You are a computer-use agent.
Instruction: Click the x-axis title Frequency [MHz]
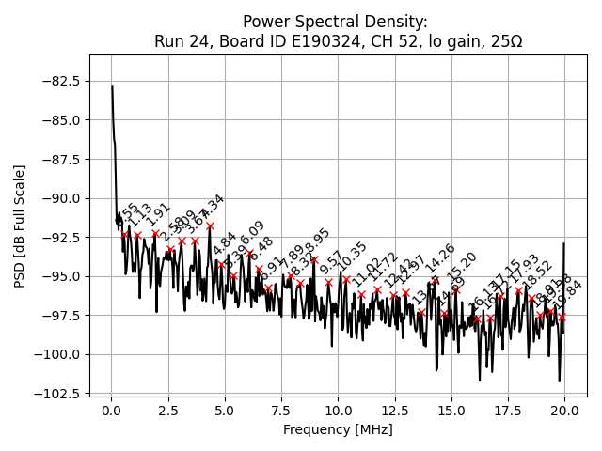(338, 429)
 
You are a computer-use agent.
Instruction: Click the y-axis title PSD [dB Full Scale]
(20, 225)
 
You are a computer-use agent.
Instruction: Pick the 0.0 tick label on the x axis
(111, 410)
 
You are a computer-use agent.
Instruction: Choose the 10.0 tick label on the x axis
(338, 410)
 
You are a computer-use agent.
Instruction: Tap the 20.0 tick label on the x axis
(564, 410)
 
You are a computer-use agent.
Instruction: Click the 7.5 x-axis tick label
(281, 410)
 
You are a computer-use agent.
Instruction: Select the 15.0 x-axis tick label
(451, 410)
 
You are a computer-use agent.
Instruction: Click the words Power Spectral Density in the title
(335, 22)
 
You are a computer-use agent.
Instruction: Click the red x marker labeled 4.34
(210, 225)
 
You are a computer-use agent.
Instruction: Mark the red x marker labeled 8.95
(314, 259)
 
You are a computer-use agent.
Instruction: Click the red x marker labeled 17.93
(518, 290)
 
